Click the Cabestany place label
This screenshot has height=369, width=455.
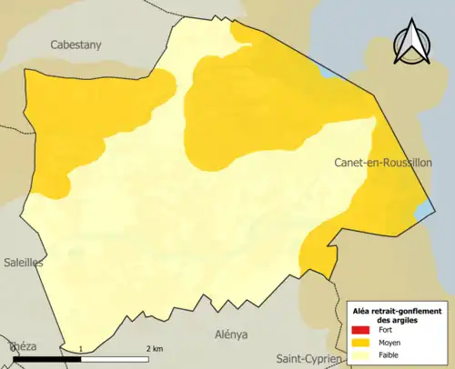coord(76,44)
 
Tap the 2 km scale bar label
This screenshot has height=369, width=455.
coord(154,349)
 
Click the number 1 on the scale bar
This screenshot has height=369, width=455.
coord(82,349)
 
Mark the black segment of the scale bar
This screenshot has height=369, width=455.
coord(47,359)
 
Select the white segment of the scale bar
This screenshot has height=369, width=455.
coord(116,359)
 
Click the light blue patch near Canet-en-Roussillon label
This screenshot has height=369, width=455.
coord(422,210)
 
